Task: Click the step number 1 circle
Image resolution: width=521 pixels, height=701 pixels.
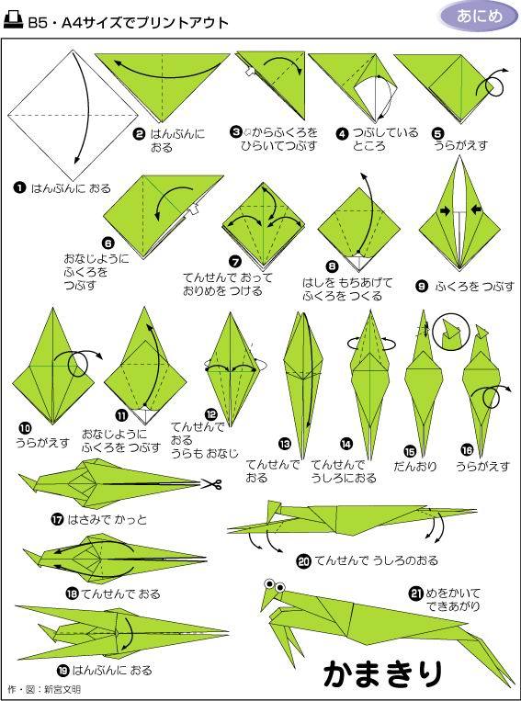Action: coord(19,188)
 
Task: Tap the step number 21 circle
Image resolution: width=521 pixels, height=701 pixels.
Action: coord(416,593)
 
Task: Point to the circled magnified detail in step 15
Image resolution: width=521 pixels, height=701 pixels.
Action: coord(451,335)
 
